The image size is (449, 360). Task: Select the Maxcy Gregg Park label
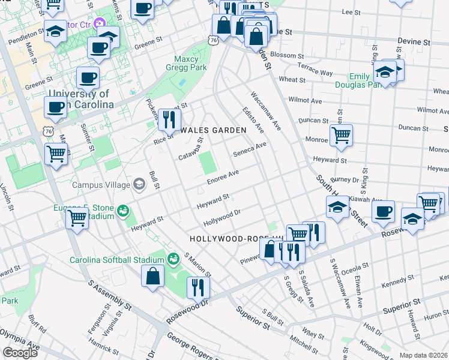(190, 64)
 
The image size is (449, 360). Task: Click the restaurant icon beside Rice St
(169, 119)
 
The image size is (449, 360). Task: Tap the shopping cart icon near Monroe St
(341, 136)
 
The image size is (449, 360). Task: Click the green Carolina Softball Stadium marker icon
(173, 259)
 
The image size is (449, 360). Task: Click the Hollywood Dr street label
(221, 218)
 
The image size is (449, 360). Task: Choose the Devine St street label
(414, 43)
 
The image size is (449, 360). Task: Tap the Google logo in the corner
(20, 353)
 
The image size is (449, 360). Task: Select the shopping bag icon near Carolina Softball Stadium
(153, 277)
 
